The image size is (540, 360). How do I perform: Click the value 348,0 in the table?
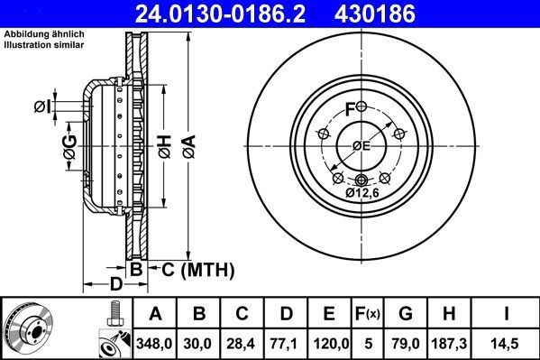click(x=155, y=343)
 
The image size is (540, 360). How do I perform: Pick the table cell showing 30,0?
click(x=199, y=343)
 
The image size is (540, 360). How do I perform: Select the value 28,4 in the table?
click(x=242, y=343)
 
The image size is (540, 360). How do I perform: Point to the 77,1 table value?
click(x=285, y=343)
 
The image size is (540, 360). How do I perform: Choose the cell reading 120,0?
click(x=329, y=343)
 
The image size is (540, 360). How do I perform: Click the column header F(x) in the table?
click(x=371, y=314)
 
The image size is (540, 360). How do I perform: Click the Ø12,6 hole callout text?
click(x=363, y=192)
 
